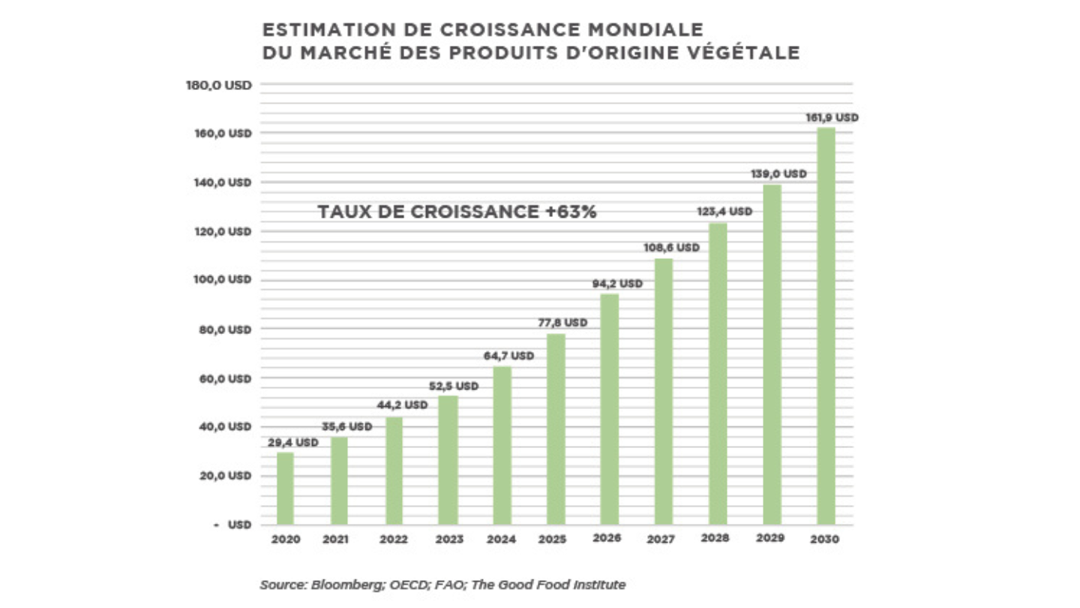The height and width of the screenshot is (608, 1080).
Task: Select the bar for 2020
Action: [x=286, y=488]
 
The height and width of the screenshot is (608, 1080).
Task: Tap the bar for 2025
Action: [x=556, y=429]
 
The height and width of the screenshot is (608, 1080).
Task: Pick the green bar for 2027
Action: [x=664, y=391]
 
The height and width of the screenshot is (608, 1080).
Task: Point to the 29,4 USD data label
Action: [x=293, y=442]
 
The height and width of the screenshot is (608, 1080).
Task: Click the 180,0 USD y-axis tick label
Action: [x=218, y=84]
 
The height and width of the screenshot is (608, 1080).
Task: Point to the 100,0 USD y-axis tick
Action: [x=218, y=279]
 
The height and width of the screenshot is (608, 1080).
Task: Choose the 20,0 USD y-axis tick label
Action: [x=218, y=475]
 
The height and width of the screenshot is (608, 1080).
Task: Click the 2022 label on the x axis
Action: [x=394, y=540]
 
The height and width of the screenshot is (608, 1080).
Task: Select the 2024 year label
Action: [x=502, y=540]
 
